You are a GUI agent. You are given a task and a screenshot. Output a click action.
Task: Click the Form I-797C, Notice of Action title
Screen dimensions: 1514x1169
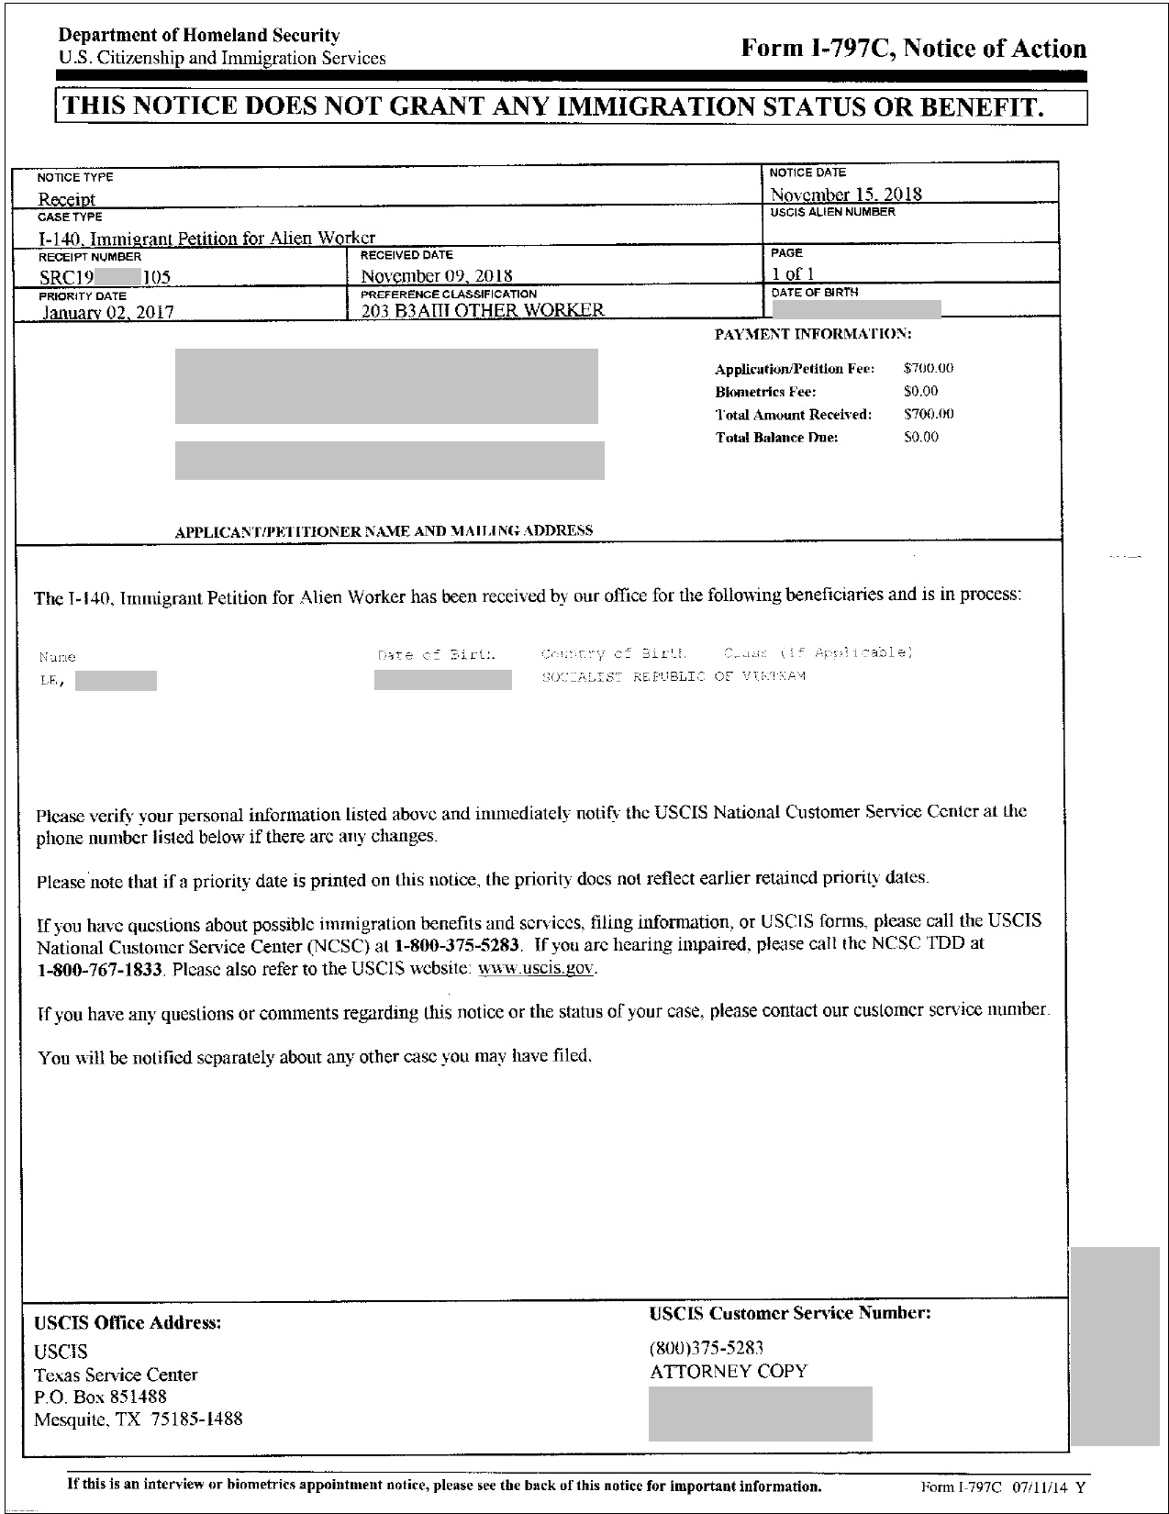coord(913,49)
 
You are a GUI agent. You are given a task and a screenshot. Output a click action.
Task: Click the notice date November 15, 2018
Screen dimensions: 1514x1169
coord(845,194)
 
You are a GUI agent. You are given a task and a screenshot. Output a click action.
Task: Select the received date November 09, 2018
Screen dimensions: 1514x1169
coord(436,275)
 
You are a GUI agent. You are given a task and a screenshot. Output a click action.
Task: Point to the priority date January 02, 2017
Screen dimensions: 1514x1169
coord(107,312)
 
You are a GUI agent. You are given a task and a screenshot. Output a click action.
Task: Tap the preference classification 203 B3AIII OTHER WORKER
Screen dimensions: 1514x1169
coord(482,310)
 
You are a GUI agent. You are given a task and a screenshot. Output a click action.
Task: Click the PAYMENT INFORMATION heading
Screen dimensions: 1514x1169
coord(813,334)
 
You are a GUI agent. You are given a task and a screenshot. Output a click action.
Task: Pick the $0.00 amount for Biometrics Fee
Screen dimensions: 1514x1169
coord(920,392)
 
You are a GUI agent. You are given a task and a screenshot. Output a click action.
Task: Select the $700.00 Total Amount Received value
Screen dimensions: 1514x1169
coord(928,415)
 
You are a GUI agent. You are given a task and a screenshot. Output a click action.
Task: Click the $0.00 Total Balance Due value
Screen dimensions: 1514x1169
coord(920,438)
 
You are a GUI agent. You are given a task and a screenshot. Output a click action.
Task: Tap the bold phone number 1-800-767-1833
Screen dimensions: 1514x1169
coord(100,969)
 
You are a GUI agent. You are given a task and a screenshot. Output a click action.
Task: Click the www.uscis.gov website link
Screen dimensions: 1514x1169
coord(537,969)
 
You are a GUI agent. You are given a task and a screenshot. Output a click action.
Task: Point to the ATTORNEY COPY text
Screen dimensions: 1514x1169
coord(728,1372)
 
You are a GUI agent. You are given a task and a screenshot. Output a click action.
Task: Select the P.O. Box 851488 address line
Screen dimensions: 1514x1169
coord(100,1397)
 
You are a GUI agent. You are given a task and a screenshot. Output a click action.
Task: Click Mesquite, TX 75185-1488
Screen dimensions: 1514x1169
coord(138,1419)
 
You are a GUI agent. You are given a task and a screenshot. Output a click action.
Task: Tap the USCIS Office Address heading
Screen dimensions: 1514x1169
coord(128,1323)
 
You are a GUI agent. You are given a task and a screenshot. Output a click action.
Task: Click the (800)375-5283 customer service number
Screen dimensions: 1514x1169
coord(707,1348)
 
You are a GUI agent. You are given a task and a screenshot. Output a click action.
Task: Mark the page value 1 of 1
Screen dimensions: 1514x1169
coord(792,273)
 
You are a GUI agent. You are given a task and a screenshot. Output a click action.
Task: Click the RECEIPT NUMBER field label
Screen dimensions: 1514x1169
coord(89,257)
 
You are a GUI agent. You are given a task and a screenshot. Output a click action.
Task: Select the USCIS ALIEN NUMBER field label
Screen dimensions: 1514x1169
coord(831,212)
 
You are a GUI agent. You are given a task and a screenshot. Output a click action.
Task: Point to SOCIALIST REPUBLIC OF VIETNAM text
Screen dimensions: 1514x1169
coord(674,677)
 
